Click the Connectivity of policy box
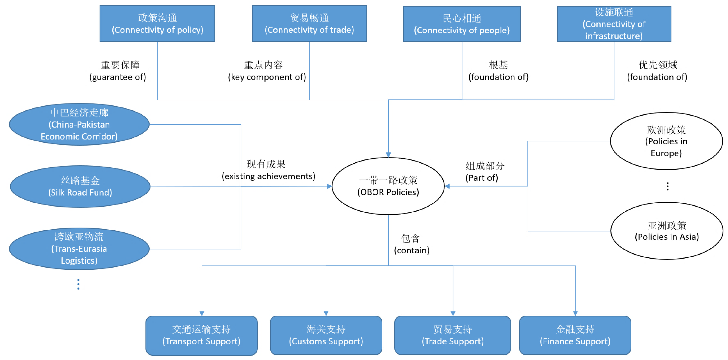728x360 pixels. (157, 24)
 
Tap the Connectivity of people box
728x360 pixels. (462, 24)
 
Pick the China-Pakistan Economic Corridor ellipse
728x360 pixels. (79, 124)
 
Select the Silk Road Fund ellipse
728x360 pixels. (80, 186)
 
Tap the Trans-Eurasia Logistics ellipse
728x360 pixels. (79, 249)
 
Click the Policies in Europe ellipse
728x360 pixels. (666, 141)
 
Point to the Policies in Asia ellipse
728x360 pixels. (667, 231)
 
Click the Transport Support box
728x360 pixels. (201, 335)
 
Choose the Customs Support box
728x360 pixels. (326, 335)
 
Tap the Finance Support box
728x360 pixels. (575, 335)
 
